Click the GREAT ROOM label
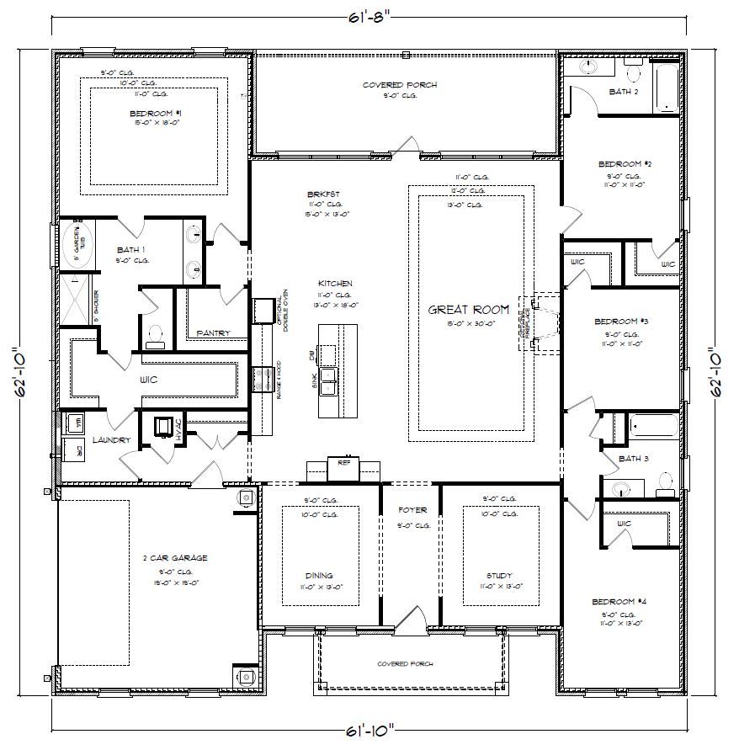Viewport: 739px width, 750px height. pyautogui.click(x=469, y=310)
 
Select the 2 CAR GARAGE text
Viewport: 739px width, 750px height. pyautogui.click(x=175, y=558)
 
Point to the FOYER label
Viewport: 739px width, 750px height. pyautogui.click(x=412, y=510)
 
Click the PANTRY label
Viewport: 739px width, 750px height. pyautogui.click(x=213, y=333)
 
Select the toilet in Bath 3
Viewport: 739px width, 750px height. pyautogui.click(x=665, y=481)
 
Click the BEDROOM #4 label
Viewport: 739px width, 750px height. pyautogui.click(x=619, y=602)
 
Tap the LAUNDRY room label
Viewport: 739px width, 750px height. pyautogui.click(x=111, y=440)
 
